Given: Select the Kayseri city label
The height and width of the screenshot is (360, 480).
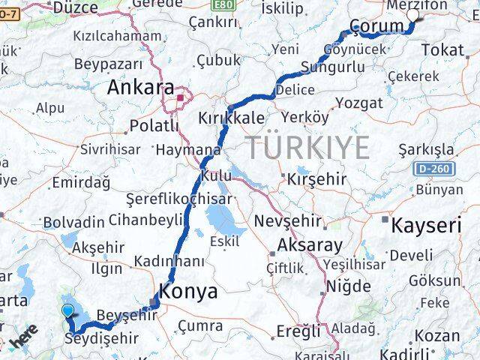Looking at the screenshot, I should (x=426, y=225).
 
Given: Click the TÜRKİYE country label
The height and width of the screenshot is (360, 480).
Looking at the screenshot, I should (x=306, y=146).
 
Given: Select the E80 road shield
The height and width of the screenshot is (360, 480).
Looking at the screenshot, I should (x=223, y=5).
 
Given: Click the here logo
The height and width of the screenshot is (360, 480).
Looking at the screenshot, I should (x=24, y=340).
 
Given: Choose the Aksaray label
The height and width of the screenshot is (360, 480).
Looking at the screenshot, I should (x=310, y=244).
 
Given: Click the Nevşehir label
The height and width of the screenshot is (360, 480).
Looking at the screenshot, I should (x=288, y=222).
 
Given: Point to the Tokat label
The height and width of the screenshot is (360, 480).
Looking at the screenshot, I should (x=442, y=49).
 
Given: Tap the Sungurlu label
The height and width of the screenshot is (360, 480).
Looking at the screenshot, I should (x=332, y=68).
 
